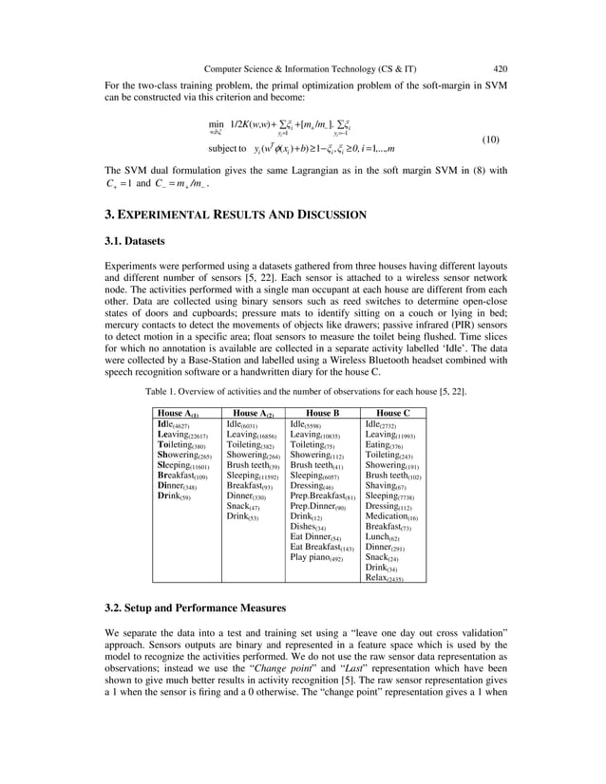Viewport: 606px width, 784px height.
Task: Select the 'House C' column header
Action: [x=393, y=414]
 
